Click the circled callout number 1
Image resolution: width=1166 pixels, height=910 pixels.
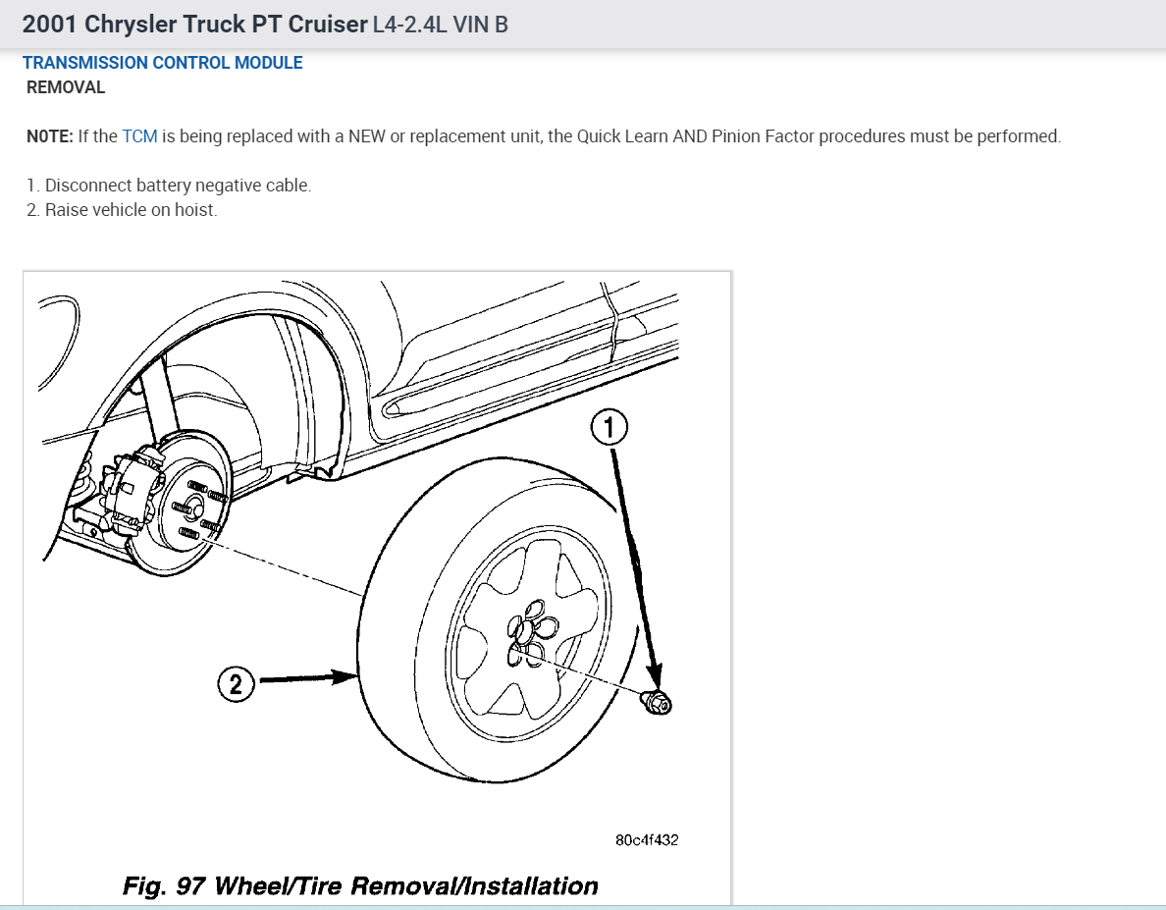[609, 428]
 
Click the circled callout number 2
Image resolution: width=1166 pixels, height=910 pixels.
[236, 683]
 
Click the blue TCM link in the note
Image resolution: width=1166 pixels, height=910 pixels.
[139, 136]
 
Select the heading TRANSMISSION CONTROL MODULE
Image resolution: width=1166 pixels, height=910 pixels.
[162, 63]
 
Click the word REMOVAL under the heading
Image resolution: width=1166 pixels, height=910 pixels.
[66, 87]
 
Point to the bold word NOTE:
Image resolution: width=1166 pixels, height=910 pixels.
[49, 136]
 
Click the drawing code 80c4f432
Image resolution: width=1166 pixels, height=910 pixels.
[647, 840]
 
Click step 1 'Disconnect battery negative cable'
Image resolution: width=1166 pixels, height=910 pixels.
[169, 186]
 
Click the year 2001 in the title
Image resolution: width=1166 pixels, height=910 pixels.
[49, 24]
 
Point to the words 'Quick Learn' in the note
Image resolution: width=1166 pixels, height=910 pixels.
[622, 136]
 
